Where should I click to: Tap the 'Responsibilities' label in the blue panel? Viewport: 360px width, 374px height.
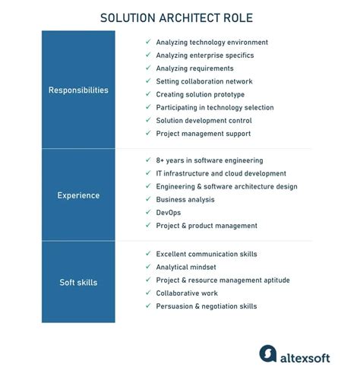point(78,90)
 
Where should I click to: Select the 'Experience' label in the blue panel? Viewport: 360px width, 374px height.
point(78,195)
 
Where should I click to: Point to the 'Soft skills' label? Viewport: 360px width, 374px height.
point(78,283)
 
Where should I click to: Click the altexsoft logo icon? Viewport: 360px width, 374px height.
point(267,353)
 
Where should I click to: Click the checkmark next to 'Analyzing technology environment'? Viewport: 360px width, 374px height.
point(148,43)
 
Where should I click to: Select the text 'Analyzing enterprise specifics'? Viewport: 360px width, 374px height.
point(204,55)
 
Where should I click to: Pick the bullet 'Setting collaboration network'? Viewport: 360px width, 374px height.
point(204,81)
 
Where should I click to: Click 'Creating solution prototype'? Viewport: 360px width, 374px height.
point(200,94)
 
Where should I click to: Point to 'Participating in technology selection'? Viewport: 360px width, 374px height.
point(214,108)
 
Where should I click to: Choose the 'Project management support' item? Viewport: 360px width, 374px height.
point(203,134)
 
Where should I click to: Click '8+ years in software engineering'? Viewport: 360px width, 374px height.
point(209,160)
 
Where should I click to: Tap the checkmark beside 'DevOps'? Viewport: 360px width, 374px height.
point(148,212)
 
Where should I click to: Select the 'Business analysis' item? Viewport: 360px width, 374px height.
point(185,199)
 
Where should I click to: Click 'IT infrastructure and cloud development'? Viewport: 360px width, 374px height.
point(221,173)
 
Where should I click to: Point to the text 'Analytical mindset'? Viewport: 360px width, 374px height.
point(186,267)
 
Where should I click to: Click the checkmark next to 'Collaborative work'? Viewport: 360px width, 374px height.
point(148,293)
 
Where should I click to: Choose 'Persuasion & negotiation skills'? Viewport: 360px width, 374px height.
point(206,306)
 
